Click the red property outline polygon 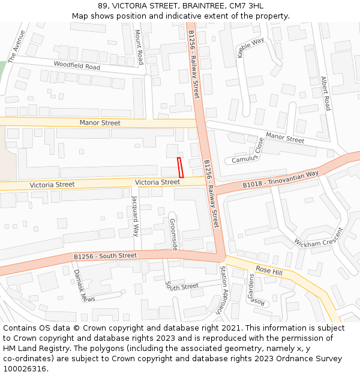click(x=180, y=167)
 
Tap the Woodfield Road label click(x=77, y=66)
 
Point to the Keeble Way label click(x=250, y=47)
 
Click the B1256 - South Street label click(x=105, y=256)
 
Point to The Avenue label click(x=17, y=46)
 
